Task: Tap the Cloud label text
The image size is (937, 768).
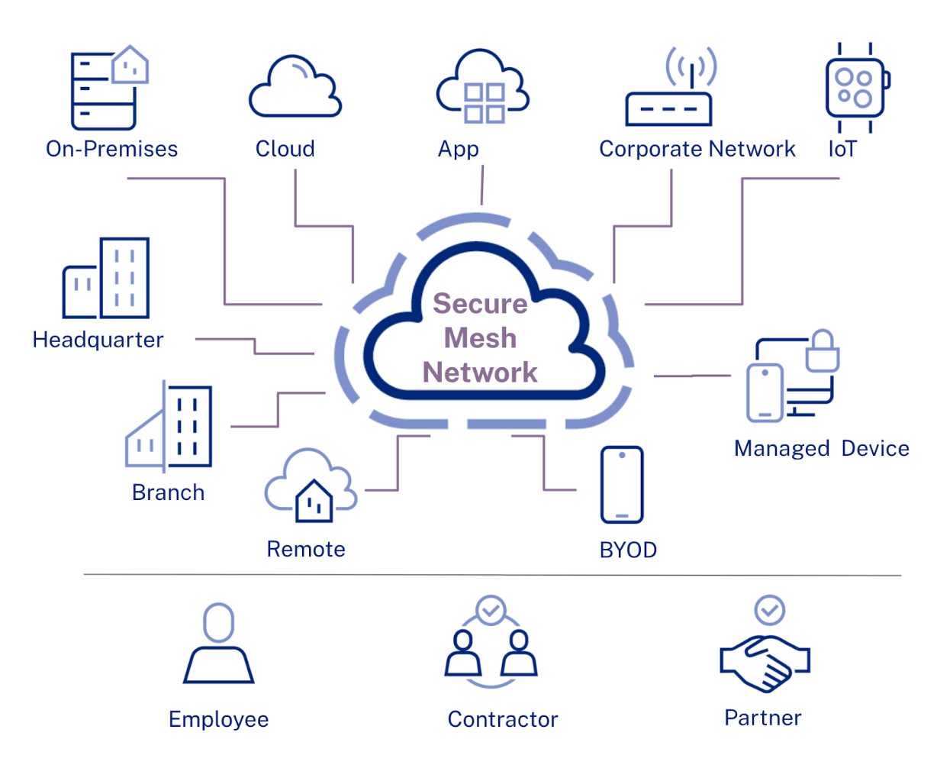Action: coord(285,149)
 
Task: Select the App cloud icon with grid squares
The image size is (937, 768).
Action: coord(482,88)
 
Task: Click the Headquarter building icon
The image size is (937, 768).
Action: coord(106,278)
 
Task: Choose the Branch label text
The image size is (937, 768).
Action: coord(168,492)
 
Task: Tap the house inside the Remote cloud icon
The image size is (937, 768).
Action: coord(314,501)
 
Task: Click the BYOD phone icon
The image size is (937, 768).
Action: coord(622,485)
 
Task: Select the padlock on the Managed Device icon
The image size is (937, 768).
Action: coord(823,352)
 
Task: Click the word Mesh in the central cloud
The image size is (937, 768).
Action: coord(480,337)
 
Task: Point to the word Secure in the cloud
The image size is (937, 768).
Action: coord(480,303)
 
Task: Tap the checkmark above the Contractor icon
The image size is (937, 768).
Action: coord(491,610)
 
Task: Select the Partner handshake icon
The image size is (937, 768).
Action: coord(765,661)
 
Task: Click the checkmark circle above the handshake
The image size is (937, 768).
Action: coord(770,609)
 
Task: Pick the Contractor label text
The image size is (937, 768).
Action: coord(503,719)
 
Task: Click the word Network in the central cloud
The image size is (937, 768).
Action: coord(480,373)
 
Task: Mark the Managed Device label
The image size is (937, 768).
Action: coord(821,448)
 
